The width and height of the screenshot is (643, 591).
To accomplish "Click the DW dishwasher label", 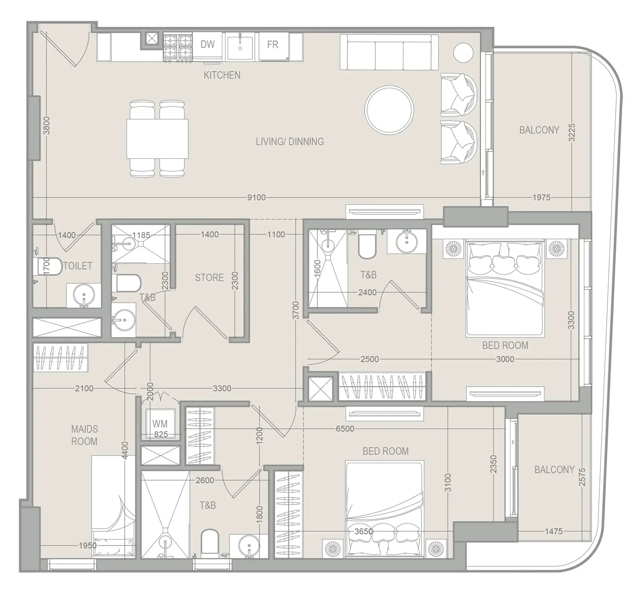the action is [x=207, y=44].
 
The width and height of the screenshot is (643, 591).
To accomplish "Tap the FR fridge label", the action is [x=273, y=44].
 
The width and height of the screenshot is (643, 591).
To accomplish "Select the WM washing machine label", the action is [x=159, y=424].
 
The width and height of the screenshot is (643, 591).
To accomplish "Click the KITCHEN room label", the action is [x=222, y=75].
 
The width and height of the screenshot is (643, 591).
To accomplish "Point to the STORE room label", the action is [x=209, y=277].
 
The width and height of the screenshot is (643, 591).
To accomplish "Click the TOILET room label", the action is [x=78, y=266].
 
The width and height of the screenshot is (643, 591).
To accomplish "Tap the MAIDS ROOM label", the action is [x=84, y=435].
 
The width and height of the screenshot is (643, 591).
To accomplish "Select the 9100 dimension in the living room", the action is [x=256, y=198].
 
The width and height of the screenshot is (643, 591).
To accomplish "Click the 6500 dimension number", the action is [x=345, y=429].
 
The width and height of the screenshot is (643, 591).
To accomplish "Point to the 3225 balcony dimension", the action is [x=572, y=132].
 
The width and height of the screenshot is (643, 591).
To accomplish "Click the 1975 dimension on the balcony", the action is [x=541, y=198].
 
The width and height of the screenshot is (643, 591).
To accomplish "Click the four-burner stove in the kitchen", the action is [x=178, y=47].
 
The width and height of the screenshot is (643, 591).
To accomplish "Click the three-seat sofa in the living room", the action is [x=389, y=52].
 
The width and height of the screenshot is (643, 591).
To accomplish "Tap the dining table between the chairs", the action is [x=157, y=139].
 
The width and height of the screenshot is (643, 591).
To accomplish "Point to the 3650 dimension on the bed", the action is [x=364, y=531].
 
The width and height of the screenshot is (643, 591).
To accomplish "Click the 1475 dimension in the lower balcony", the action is [x=553, y=531].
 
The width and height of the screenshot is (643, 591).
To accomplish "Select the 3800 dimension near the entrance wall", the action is [x=47, y=125].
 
